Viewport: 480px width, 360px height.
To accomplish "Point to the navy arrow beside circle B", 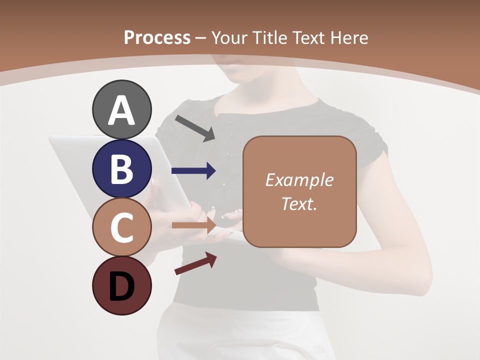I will pyautogui.click(x=193, y=171).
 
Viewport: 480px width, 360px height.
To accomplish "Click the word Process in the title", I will pyautogui.click(x=157, y=37).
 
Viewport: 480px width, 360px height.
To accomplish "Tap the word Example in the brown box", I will pyautogui.click(x=299, y=180).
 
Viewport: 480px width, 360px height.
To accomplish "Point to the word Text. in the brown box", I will pyautogui.click(x=299, y=203).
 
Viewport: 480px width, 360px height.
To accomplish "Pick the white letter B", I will pyautogui.click(x=121, y=169).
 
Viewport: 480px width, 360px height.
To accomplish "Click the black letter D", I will pyautogui.click(x=121, y=287).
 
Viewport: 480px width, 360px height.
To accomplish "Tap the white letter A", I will pyautogui.click(x=121, y=110).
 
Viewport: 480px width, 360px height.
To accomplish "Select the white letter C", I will pyautogui.click(x=121, y=228).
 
